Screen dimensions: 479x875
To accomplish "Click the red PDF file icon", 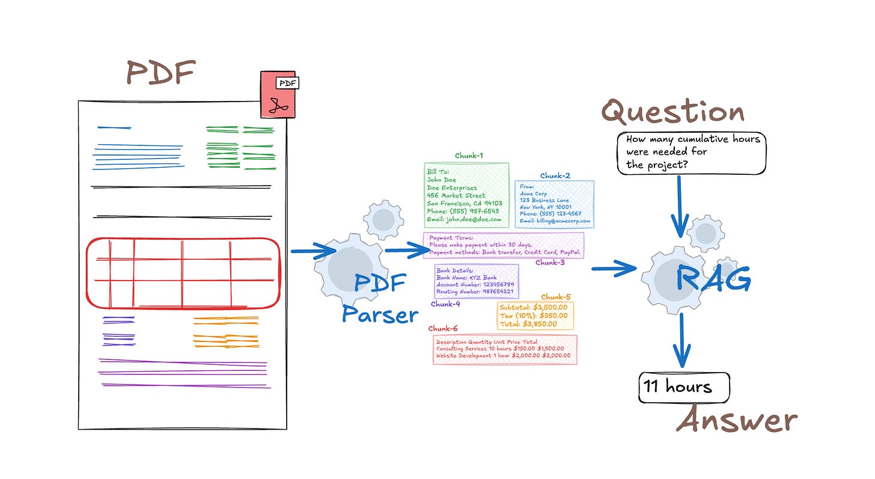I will (278, 95).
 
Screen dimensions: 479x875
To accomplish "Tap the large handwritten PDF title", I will (161, 73).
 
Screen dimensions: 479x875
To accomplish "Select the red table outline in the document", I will (183, 273).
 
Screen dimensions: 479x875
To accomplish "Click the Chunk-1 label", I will (469, 156).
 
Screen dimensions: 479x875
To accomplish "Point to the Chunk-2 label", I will (555, 175).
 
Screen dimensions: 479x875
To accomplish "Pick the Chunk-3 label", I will (550, 263).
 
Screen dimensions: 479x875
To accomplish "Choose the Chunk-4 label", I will (445, 304).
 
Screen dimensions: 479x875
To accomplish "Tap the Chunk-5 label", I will (556, 297).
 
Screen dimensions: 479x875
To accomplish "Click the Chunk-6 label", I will (443, 329).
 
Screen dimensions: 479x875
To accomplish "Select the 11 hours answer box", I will (684, 386).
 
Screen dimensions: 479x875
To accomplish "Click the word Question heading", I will (673, 112).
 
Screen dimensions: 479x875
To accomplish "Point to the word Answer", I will (737, 420).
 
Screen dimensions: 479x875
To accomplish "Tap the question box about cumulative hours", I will (692, 153).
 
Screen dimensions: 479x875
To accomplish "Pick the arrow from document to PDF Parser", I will (312, 251).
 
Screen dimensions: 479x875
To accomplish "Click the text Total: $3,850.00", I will (528, 324).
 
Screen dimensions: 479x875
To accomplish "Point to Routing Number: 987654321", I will (475, 291).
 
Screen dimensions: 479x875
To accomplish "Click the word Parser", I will (380, 313).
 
